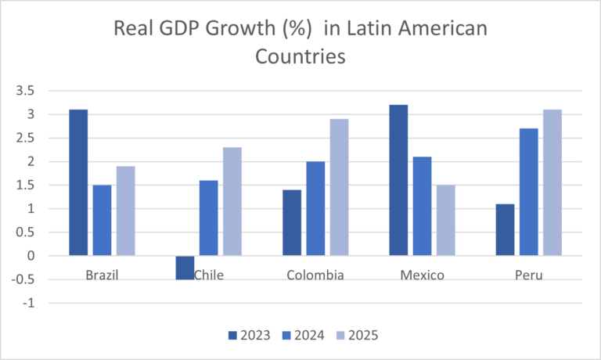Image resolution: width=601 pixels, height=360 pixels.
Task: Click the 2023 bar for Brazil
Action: [78, 182]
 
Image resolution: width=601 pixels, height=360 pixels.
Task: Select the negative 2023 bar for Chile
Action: [185, 267]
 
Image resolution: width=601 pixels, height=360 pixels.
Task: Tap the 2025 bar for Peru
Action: [552, 182]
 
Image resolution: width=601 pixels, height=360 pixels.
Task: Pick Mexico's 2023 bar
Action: [398, 180]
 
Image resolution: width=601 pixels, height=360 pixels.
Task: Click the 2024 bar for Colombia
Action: [315, 208]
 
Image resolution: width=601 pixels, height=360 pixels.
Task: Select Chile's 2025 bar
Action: [232, 201]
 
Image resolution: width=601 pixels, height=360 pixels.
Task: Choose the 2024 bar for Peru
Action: [528, 192]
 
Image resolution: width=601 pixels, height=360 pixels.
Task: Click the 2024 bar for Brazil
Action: [102, 220]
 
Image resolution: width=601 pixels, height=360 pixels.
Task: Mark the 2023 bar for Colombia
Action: [292, 222]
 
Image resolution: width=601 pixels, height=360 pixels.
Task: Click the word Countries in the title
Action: [300, 57]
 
